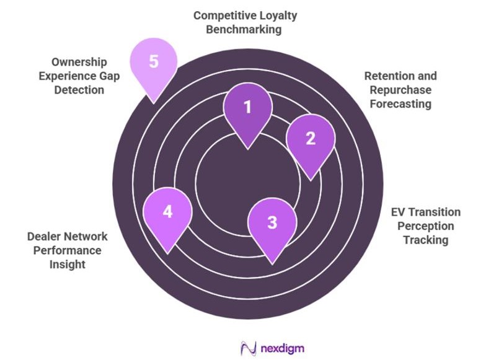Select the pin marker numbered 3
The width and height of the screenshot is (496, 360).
click(272, 224)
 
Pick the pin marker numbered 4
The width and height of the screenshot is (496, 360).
click(167, 213)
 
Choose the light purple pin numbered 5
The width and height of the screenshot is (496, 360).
click(153, 64)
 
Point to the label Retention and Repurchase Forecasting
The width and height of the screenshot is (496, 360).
click(400, 90)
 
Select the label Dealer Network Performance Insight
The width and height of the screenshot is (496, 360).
click(68, 250)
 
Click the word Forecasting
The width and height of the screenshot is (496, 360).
click(400, 104)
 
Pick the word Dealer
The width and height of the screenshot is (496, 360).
click(43, 237)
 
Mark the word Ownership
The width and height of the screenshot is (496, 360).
click(79, 63)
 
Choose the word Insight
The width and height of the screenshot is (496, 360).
click(68, 265)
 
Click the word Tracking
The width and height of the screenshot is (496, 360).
click(425, 240)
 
